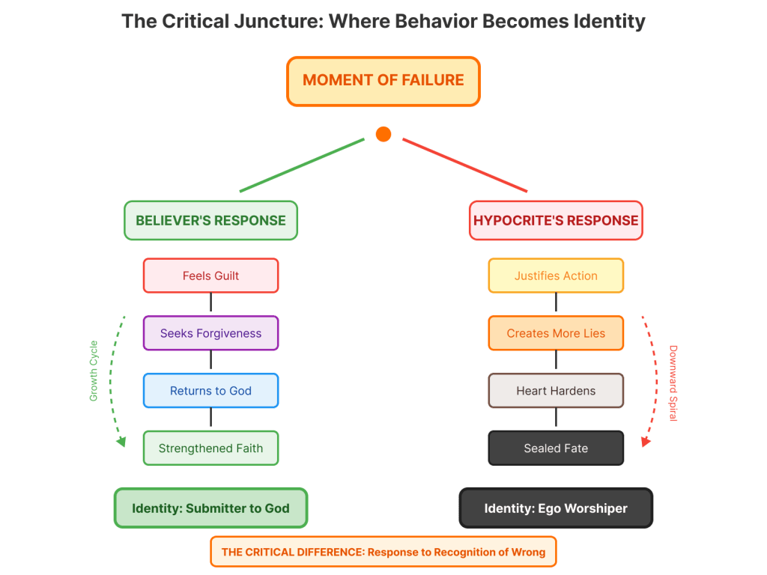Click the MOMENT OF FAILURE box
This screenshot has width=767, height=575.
(383, 81)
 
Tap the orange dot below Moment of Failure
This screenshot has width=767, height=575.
(383, 134)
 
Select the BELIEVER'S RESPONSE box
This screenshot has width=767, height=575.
(210, 220)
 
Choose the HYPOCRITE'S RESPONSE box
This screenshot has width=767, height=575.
(556, 220)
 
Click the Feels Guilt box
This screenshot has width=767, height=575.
(210, 276)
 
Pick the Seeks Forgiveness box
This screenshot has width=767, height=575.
(210, 333)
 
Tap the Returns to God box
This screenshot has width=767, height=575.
(210, 391)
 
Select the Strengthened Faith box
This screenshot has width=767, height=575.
(210, 448)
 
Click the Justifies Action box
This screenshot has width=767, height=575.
(556, 276)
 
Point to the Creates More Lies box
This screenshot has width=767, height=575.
(556, 333)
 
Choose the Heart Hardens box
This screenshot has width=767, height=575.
(556, 391)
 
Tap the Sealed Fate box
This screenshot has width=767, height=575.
(556, 448)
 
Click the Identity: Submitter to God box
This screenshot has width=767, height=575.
(210, 508)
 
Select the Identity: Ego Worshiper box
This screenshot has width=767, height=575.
(556, 508)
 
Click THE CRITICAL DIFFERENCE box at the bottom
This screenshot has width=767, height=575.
(383, 553)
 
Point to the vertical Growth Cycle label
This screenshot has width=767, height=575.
(94, 371)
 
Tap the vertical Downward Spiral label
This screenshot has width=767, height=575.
(673, 383)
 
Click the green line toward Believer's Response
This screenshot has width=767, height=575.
(302, 165)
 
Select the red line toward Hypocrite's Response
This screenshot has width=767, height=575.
(464, 165)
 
